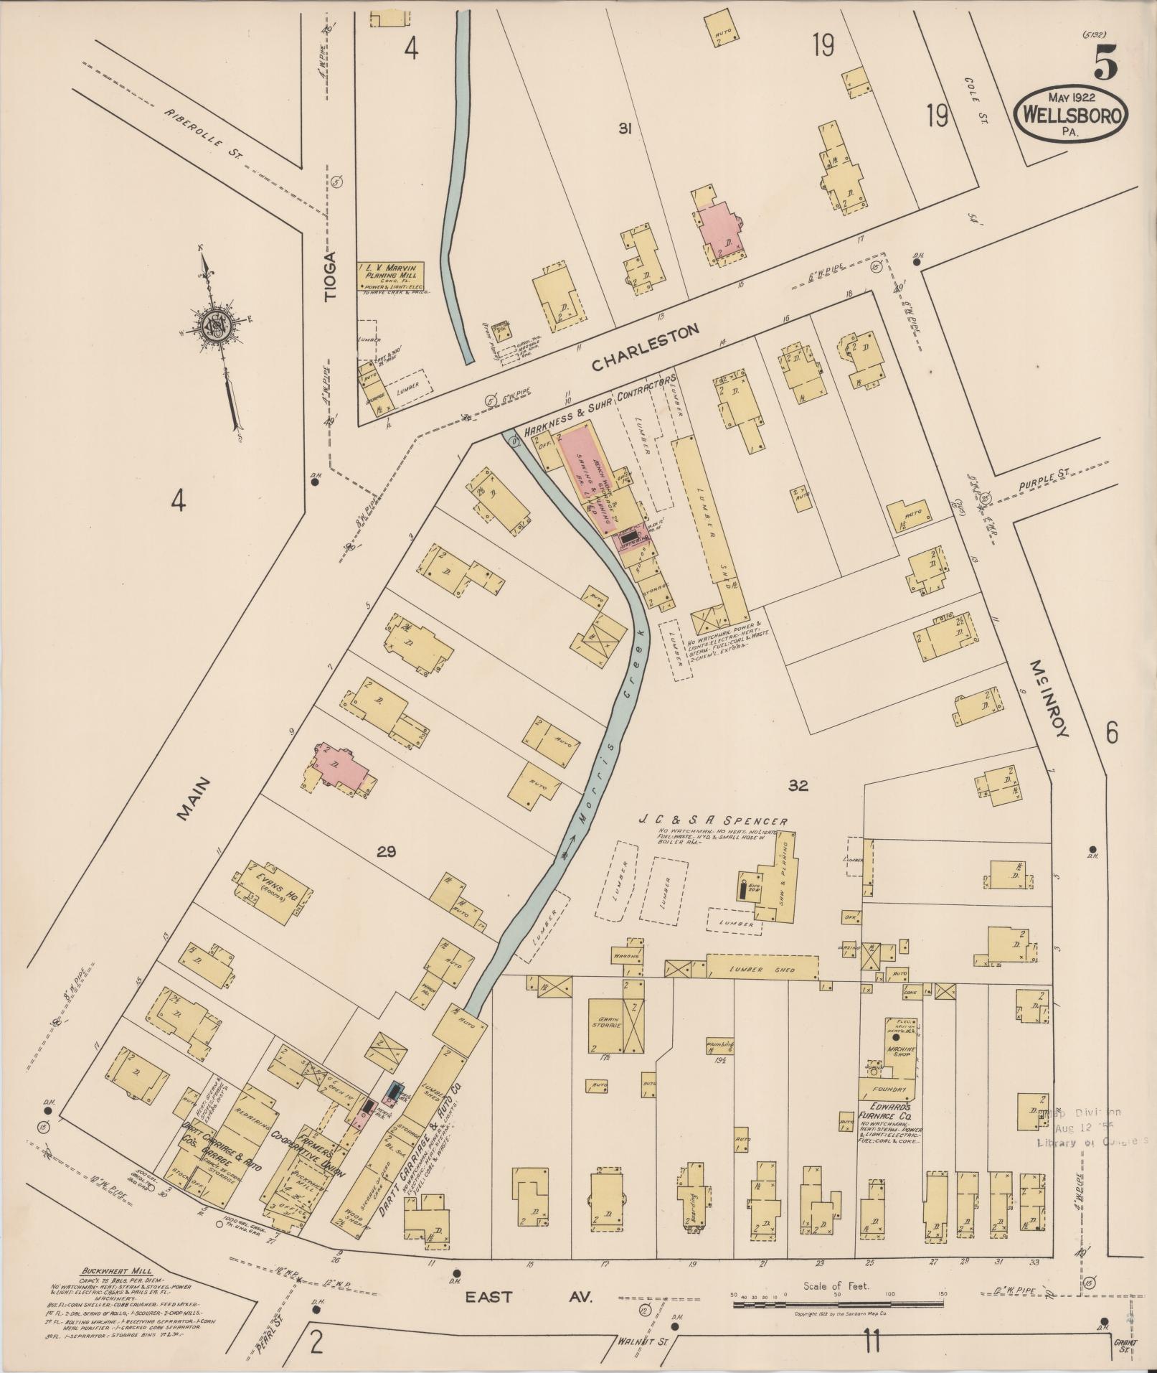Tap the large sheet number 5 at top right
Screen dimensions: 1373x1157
(1105, 64)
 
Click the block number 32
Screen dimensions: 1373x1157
(798, 786)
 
